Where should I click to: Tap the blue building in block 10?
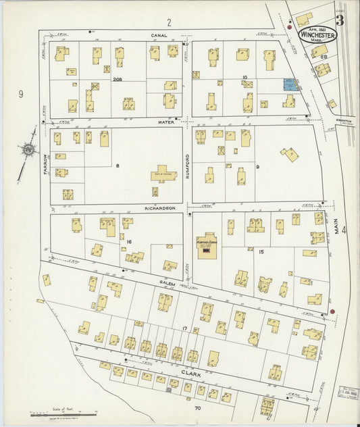[289, 85]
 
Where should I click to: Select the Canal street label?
[159, 36]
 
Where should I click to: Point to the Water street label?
[165, 122]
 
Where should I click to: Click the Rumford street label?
[188, 165]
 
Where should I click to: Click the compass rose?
[29, 149]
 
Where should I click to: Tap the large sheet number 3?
[340, 20]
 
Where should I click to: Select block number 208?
[118, 80]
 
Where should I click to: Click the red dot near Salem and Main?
[332, 311]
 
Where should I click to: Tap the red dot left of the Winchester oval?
[290, 28]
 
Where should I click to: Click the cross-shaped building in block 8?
[163, 175]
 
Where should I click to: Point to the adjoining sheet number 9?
[21, 94]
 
